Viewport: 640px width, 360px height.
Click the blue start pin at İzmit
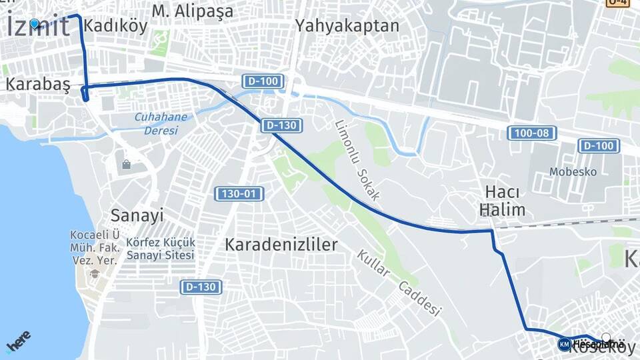click(35, 23)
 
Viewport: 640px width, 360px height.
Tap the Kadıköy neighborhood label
click(107, 27)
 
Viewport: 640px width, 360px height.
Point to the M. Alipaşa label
click(193, 11)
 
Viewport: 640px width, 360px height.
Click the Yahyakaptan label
click(347, 27)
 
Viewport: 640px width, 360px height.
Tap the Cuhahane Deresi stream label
click(161, 123)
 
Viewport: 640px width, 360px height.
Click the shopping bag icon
click(126, 164)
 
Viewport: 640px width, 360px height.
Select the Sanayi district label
click(137, 215)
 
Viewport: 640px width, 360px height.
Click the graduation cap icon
click(95, 274)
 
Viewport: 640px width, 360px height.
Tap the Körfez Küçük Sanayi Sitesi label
click(161, 248)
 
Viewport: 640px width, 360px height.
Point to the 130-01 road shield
click(239, 194)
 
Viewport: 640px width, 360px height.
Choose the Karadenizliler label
click(281, 244)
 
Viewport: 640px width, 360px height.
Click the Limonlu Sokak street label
click(357, 161)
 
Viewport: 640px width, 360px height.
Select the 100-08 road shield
click(532, 133)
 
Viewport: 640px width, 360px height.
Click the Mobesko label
click(573, 172)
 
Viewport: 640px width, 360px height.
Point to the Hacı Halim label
click(502, 200)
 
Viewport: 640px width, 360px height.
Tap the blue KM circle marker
click(564, 344)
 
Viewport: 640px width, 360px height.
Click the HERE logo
click(19, 341)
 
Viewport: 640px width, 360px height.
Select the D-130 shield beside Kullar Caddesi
click(201, 287)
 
